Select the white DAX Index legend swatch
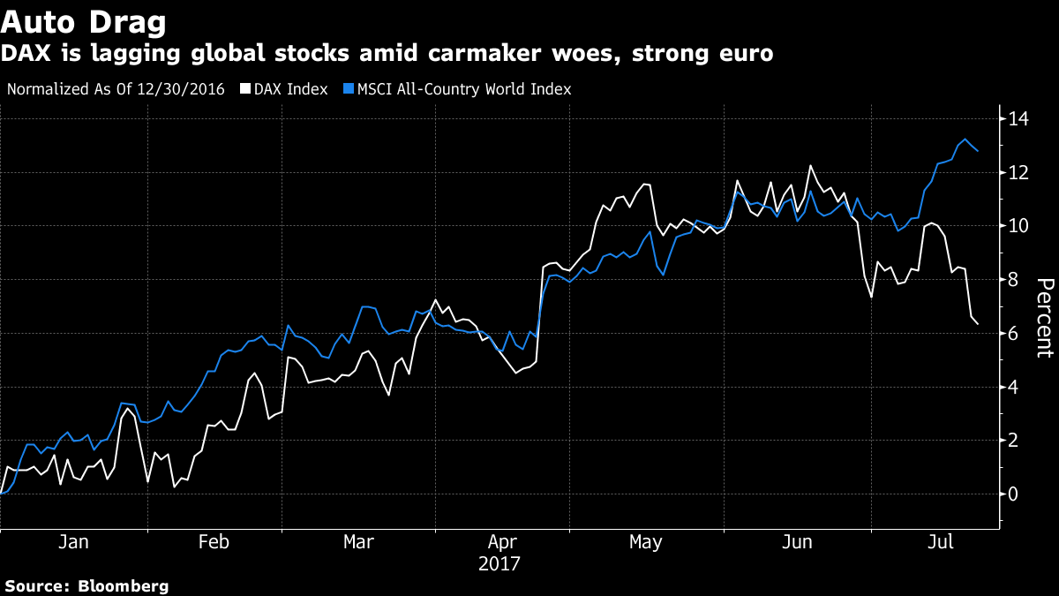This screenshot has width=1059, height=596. click(x=246, y=89)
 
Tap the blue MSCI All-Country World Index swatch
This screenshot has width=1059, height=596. click(x=349, y=89)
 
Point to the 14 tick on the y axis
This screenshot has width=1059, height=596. click(x=1019, y=118)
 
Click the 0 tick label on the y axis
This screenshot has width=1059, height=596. click(x=1014, y=494)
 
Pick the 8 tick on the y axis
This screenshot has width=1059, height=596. click(x=1014, y=280)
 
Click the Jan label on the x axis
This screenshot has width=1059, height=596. click(x=72, y=542)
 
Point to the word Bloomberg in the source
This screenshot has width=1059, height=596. click(x=124, y=585)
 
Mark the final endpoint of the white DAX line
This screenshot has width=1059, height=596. click(x=978, y=324)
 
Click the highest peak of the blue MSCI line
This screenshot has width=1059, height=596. click(x=965, y=140)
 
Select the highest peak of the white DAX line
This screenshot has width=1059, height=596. click(x=810, y=166)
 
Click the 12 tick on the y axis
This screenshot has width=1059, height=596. click(x=1019, y=172)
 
